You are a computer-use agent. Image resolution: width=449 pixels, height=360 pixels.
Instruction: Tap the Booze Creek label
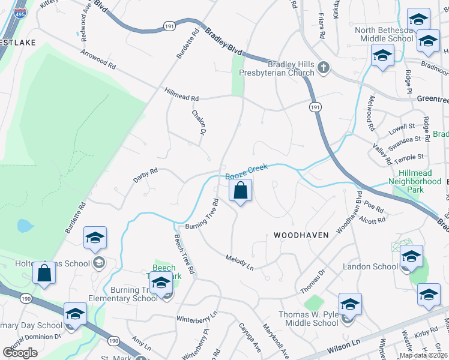(x=246, y=172)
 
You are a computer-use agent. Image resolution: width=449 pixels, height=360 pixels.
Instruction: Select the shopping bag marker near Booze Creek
(x=240, y=191)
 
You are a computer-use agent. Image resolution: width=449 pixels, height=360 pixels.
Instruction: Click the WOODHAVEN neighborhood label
(x=301, y=235)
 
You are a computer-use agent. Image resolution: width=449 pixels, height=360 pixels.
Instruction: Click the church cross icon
(x=324, y=67)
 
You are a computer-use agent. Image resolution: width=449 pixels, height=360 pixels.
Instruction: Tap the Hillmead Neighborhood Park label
(x=415, y=177)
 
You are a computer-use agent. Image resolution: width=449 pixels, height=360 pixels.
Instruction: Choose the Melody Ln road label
(x=240, y=262)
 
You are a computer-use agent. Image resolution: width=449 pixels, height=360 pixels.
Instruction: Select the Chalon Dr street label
(x=199, y=122)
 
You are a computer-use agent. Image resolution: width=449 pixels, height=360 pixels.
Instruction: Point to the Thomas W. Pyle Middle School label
(x=309, y=319)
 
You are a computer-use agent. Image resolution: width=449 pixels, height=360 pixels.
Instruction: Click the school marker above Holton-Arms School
(x=95, y=239)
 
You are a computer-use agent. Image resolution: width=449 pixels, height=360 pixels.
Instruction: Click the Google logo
(x=20, y=352)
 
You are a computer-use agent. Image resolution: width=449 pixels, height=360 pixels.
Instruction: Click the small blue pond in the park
(x=24, y=226)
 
